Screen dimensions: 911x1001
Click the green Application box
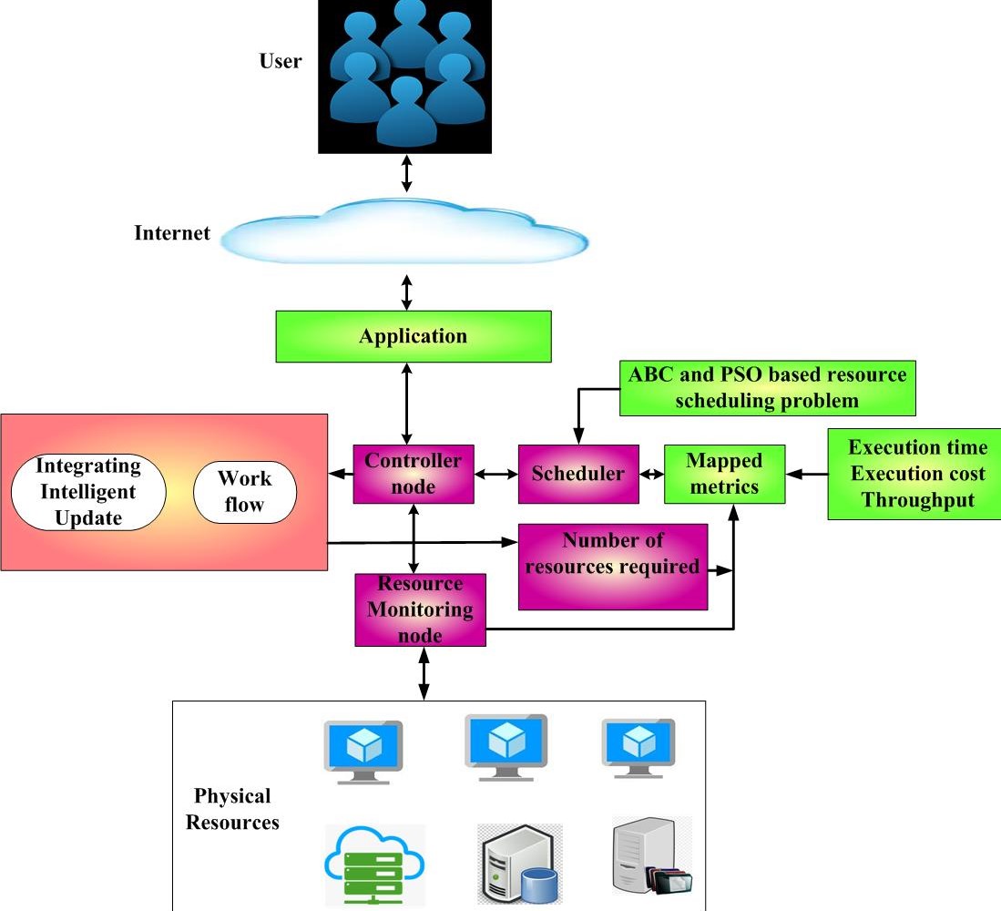coord(414,336)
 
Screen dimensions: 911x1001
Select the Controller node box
coord(414,474)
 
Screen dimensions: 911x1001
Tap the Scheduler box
coord(577,474)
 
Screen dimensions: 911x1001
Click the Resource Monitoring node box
coord(420,609)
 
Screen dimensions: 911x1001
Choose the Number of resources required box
coord(612,566)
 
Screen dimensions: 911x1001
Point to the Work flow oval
coord(245,491)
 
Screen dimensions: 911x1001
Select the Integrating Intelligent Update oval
coord(87,492)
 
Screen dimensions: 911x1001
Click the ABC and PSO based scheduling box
coord(767,388)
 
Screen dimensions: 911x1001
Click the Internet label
coord(172,233)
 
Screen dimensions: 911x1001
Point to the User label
coord(280,62)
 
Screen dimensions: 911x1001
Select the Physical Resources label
coord(232,809)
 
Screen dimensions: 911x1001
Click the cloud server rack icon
coord(374,865)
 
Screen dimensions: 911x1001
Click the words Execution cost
coord(917,474)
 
